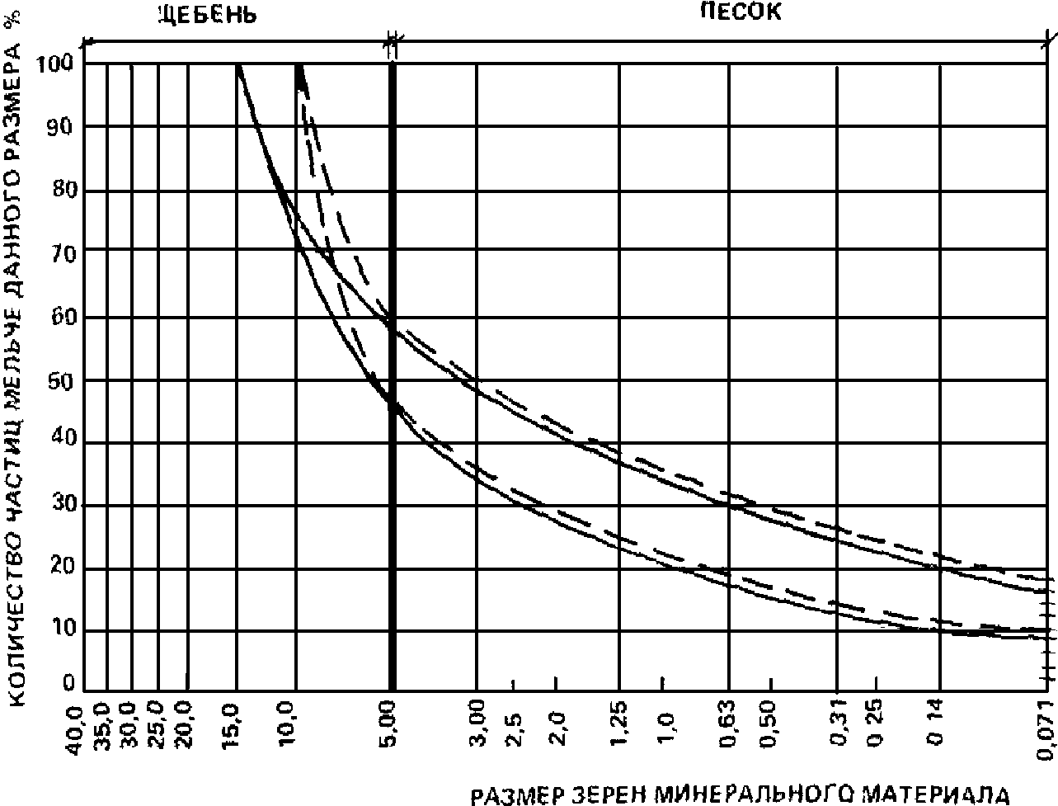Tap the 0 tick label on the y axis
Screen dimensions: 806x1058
pyautogui.click(x=71, y=684)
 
